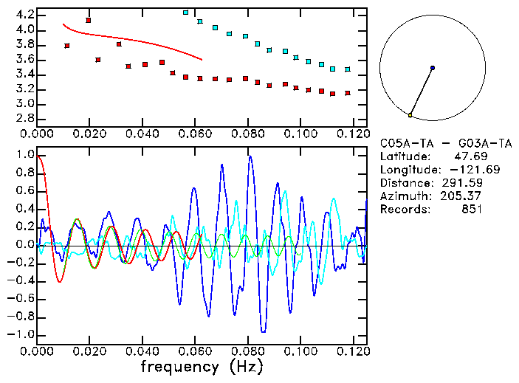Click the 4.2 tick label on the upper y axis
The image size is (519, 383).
[x=24, y=15]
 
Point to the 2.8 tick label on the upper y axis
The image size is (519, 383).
[x=24, y=118]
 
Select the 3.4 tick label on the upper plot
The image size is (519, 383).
[x=24, y=74]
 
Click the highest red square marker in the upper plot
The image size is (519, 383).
[x=89, y=21]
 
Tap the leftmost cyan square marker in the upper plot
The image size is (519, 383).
[x=185, y=13]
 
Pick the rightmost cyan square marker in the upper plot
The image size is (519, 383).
[x=348, y=69]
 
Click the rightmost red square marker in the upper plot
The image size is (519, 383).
[x=348, y=93]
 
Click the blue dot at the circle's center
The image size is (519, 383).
[x=433, y=68]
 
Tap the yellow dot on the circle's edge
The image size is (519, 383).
[x=410, y=115]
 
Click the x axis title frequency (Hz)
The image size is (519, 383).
[x=202, y=366]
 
